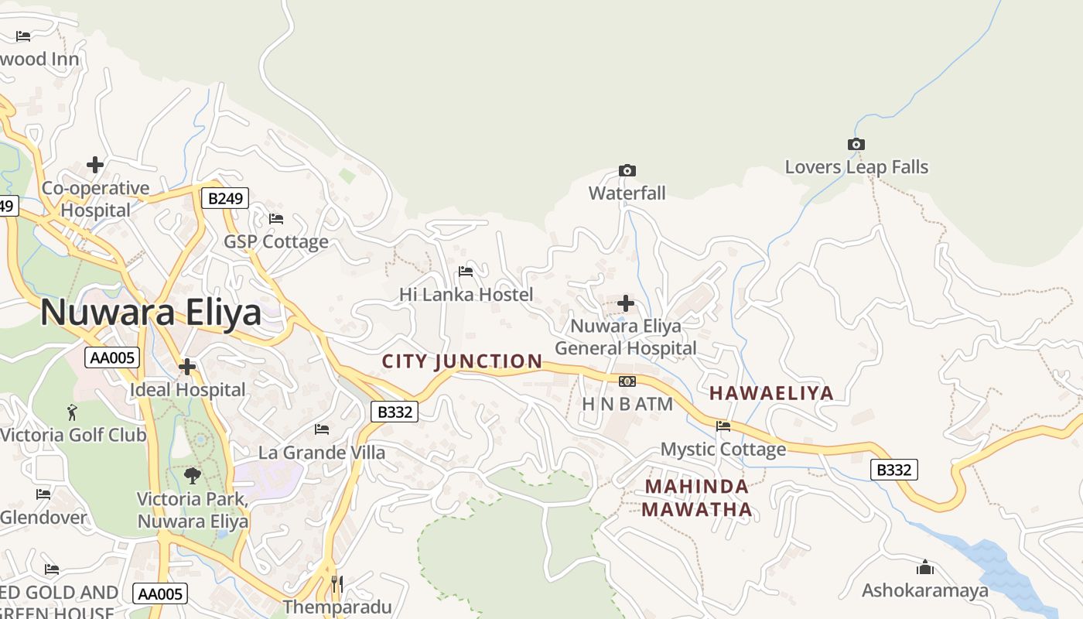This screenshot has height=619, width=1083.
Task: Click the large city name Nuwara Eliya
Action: tap(151, 313)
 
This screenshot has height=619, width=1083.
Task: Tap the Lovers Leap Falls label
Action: tap(856, 167)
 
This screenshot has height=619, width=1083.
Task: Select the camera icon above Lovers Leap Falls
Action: tap(856, 145)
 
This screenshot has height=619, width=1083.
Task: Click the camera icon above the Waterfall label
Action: tap(627, 170)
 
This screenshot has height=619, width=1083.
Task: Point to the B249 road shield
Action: tap(226, 198)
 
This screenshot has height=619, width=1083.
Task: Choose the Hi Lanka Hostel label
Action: tap(466, 295)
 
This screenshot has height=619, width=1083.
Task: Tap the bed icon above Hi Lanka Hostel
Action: tap(466, 272)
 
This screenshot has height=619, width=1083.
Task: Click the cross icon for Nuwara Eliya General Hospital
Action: tap(626, 303)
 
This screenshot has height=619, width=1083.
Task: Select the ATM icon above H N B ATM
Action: tap(627, 381)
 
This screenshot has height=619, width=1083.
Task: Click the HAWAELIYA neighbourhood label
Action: tap(771, 393)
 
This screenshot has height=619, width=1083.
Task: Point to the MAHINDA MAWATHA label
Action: tap(696, 498)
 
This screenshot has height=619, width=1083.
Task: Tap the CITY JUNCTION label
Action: tap(463, 361)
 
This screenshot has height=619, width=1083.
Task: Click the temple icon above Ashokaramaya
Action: tap(925, 568)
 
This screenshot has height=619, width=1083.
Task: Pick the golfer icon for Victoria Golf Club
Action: tap(73, 412)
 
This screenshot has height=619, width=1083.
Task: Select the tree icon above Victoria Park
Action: tap(193, 476)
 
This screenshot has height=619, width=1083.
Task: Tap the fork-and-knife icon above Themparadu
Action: tap(337, 584)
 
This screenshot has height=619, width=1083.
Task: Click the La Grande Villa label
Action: tap(322, 453)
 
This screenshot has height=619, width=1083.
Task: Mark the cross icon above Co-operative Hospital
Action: tap(95, 165)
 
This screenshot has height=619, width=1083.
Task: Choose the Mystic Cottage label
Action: tap(723, 449)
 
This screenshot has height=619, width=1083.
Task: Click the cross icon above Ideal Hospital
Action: tap(187, 367)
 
